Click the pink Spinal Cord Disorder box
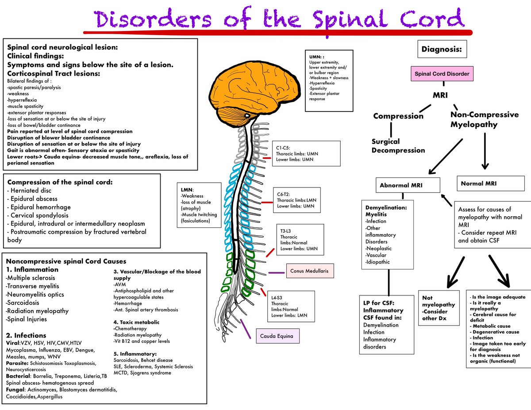[442, 73]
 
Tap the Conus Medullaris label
[310, 271]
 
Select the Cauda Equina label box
[277, 336]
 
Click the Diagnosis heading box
[442, 49]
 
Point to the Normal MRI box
[491, 184]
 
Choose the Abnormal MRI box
[408, 185]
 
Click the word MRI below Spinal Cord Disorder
[440, 95]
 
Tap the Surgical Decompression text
[398, 146]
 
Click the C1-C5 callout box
[306, 153]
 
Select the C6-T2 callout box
[296, 200]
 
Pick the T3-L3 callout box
[300, 240]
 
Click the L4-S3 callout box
[291, 306]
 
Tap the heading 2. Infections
[26, 335]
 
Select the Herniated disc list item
[29, 191]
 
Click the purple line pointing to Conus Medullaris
[277, 272]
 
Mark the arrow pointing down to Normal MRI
[485, 151]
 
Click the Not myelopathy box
[439, 308]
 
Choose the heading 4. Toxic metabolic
[136, 322]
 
